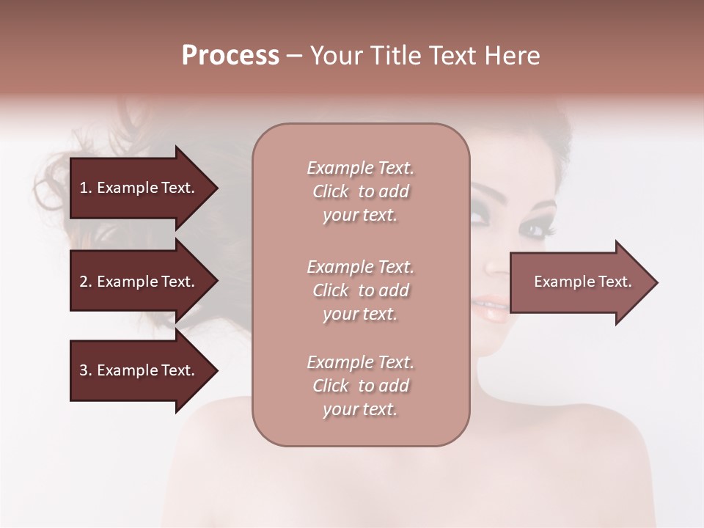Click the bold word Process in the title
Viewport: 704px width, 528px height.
pos(230,56)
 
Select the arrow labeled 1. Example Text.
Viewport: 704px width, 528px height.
pos(139,188)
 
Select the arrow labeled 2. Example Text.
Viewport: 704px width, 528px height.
pos(139,282)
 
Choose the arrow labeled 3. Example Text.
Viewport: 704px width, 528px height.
pos(139,370)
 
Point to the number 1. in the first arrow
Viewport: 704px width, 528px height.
pos(85,188)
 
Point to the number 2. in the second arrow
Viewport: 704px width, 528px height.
pos(85,282)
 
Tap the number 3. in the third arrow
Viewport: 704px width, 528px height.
pos(85,370)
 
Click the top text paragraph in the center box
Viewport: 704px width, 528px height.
pos(360,191)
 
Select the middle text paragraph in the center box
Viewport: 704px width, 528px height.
pos(360,290)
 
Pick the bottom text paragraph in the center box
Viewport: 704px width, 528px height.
pos(360,386)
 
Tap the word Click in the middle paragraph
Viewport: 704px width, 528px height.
pos(331,290)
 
